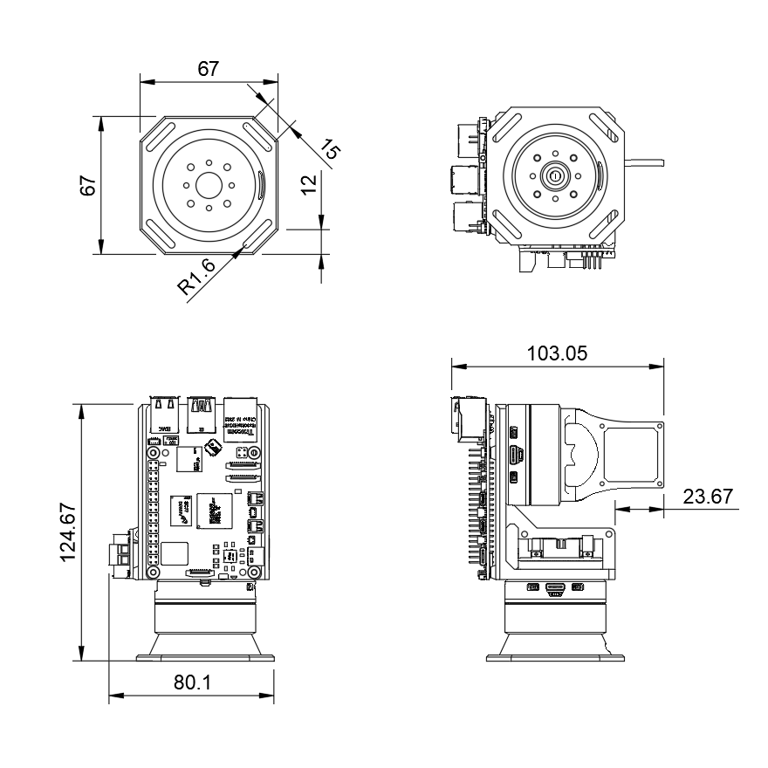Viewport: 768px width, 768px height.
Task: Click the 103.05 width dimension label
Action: [x=557, y=353]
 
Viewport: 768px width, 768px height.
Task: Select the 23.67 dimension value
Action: [x=708, y=497]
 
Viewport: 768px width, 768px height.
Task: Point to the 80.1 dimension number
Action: [x=192, y=683]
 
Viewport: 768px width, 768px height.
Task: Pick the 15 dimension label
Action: [x=330, y=148]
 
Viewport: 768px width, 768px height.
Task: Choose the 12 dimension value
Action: [x=307, y=184]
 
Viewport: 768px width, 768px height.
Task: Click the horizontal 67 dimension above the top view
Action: [x=208, y=69]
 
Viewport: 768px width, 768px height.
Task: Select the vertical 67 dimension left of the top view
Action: [x=87, y=185]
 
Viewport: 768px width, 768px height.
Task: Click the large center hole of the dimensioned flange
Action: [x=209, y=185]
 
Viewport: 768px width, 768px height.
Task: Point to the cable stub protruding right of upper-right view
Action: [x=646, y=161]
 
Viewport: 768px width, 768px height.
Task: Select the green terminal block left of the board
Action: [x=120, y=552]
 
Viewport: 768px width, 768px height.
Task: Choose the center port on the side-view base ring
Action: [x=554, y=587]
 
